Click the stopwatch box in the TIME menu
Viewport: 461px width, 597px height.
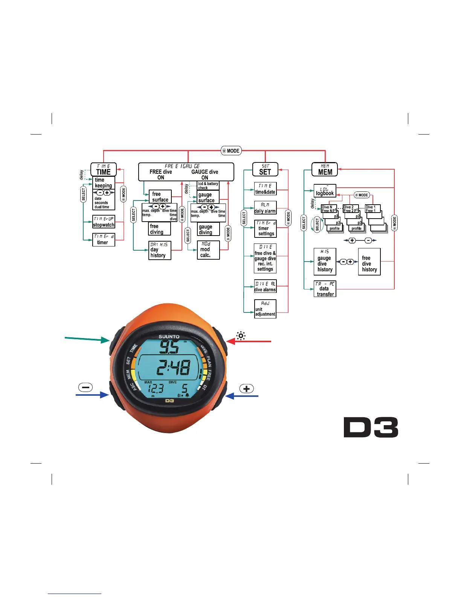coord(104,222)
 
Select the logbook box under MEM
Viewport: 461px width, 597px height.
coord(325,191)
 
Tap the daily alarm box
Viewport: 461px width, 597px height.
coord(265,208)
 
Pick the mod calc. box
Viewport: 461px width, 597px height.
coord(208,250)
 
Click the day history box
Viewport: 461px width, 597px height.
coord(160,250)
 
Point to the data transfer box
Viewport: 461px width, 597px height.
coord(325,289)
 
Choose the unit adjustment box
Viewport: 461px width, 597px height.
coord(265,309)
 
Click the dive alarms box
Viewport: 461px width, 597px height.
coord(265,286)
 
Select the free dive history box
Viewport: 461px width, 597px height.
coord(369,262)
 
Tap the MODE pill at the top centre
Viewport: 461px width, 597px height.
coord(231,151)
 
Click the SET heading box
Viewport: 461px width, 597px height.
coord(265,169)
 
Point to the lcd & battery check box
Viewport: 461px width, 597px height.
coord(208,185)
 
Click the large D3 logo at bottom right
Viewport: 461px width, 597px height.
coord(371,427)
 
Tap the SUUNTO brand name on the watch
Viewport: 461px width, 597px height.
coord(169,337)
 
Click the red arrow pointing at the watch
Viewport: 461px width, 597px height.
coord(249,341)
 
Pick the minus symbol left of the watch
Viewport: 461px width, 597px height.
coord(85,387)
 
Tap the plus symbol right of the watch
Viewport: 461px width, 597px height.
coord(247,389)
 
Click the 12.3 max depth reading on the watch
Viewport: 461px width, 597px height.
coord(155,389)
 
